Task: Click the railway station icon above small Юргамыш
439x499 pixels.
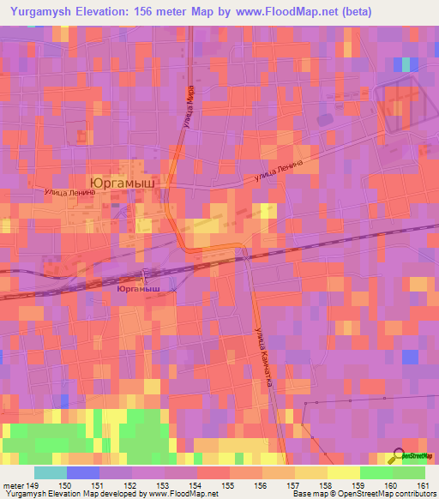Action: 144,277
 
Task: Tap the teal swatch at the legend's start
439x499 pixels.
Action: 51,472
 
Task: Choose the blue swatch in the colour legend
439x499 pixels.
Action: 83,472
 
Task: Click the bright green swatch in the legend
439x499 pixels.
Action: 376,472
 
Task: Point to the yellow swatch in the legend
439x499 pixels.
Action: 344,472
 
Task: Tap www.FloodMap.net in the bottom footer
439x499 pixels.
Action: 182,494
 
